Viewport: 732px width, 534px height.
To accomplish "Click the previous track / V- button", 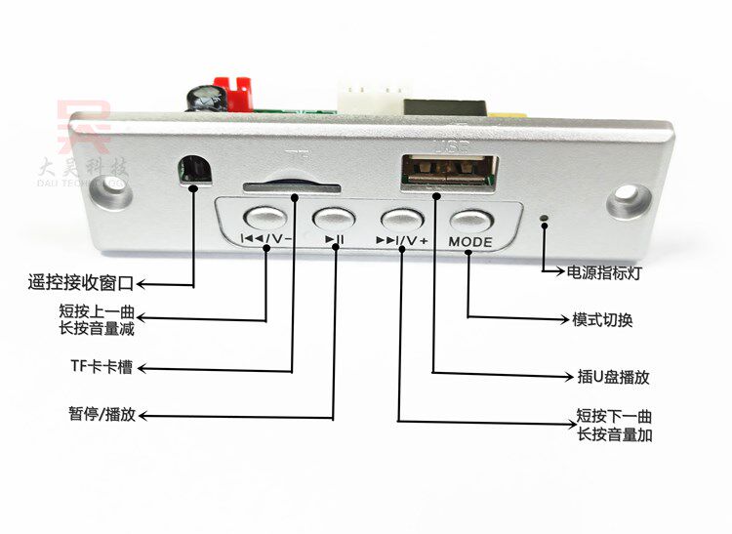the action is (x=264, y=217).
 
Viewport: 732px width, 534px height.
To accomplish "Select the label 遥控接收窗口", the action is (x=79, y=284).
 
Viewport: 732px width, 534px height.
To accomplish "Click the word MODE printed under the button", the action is (x=470, y=242).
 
